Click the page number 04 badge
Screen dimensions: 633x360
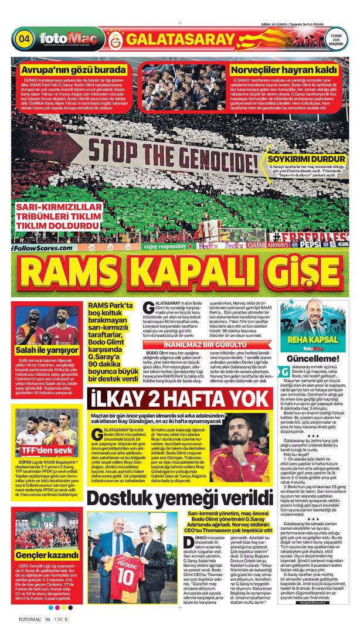point(25,39)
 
